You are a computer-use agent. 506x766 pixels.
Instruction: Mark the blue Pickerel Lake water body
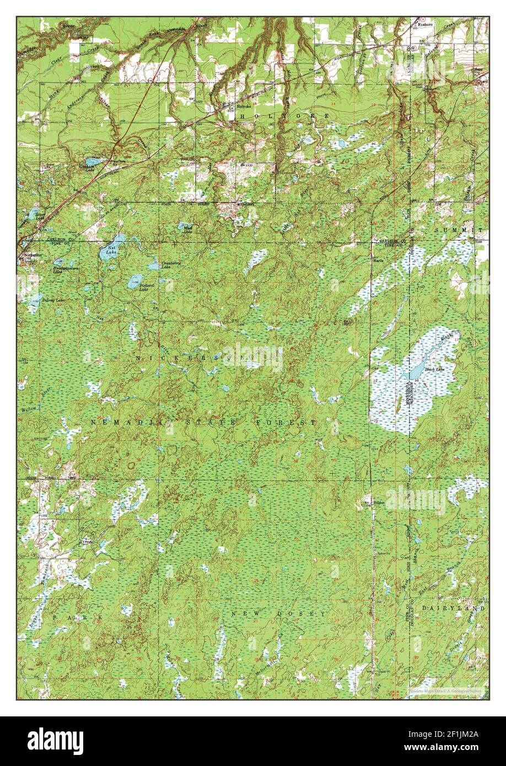tap(134, 282)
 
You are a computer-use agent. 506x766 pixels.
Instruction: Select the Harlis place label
tap(380, 261)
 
